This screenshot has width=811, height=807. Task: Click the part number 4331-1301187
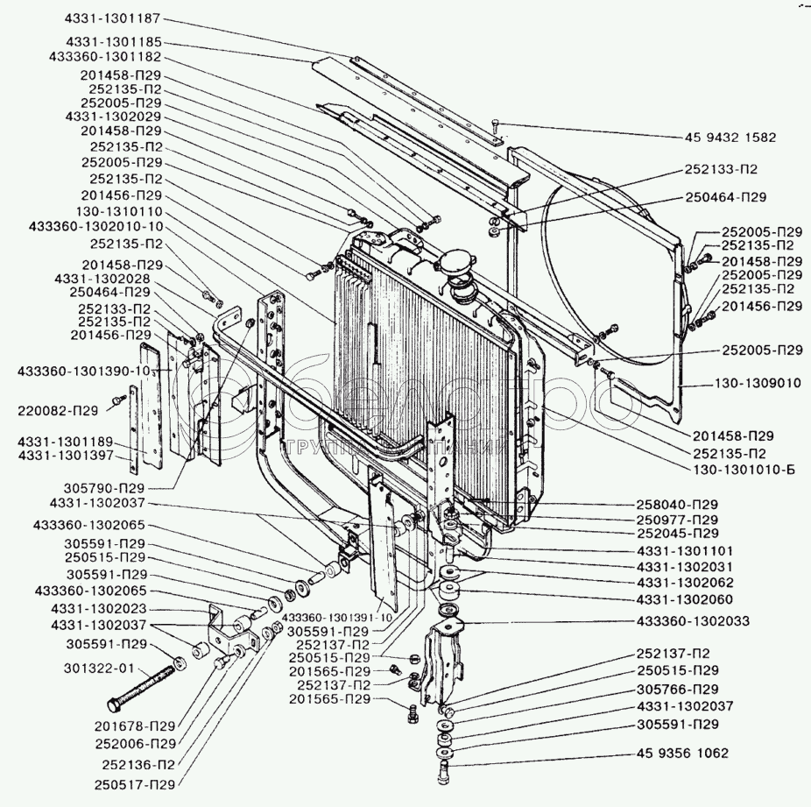point(112,18)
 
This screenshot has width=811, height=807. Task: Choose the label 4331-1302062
point(686,582)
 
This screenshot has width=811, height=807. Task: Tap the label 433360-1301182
point(105,55)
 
